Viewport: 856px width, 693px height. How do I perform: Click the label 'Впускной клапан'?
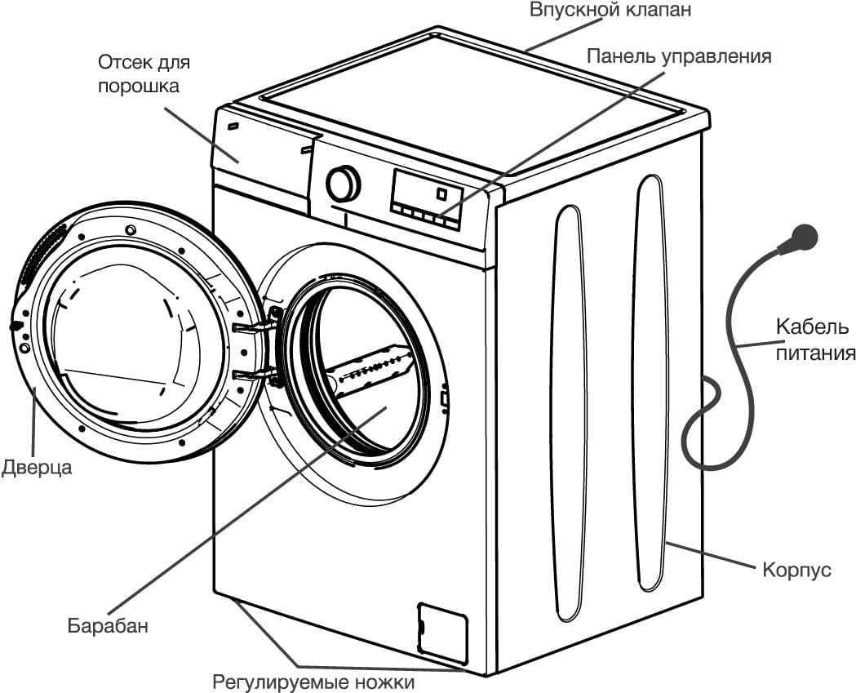point(610,11)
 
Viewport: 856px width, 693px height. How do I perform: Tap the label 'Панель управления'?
point(678,56)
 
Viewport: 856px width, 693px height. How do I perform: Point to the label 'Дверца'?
point(36,468)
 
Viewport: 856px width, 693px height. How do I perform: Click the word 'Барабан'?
point(108,627)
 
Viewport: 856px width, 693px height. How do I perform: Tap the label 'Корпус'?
point(796,569)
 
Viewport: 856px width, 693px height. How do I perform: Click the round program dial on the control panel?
point(343,184)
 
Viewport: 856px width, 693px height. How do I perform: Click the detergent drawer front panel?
point(261,147)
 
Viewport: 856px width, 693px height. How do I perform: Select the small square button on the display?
point(441,194)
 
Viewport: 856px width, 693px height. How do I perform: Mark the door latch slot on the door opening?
point(444,399)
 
